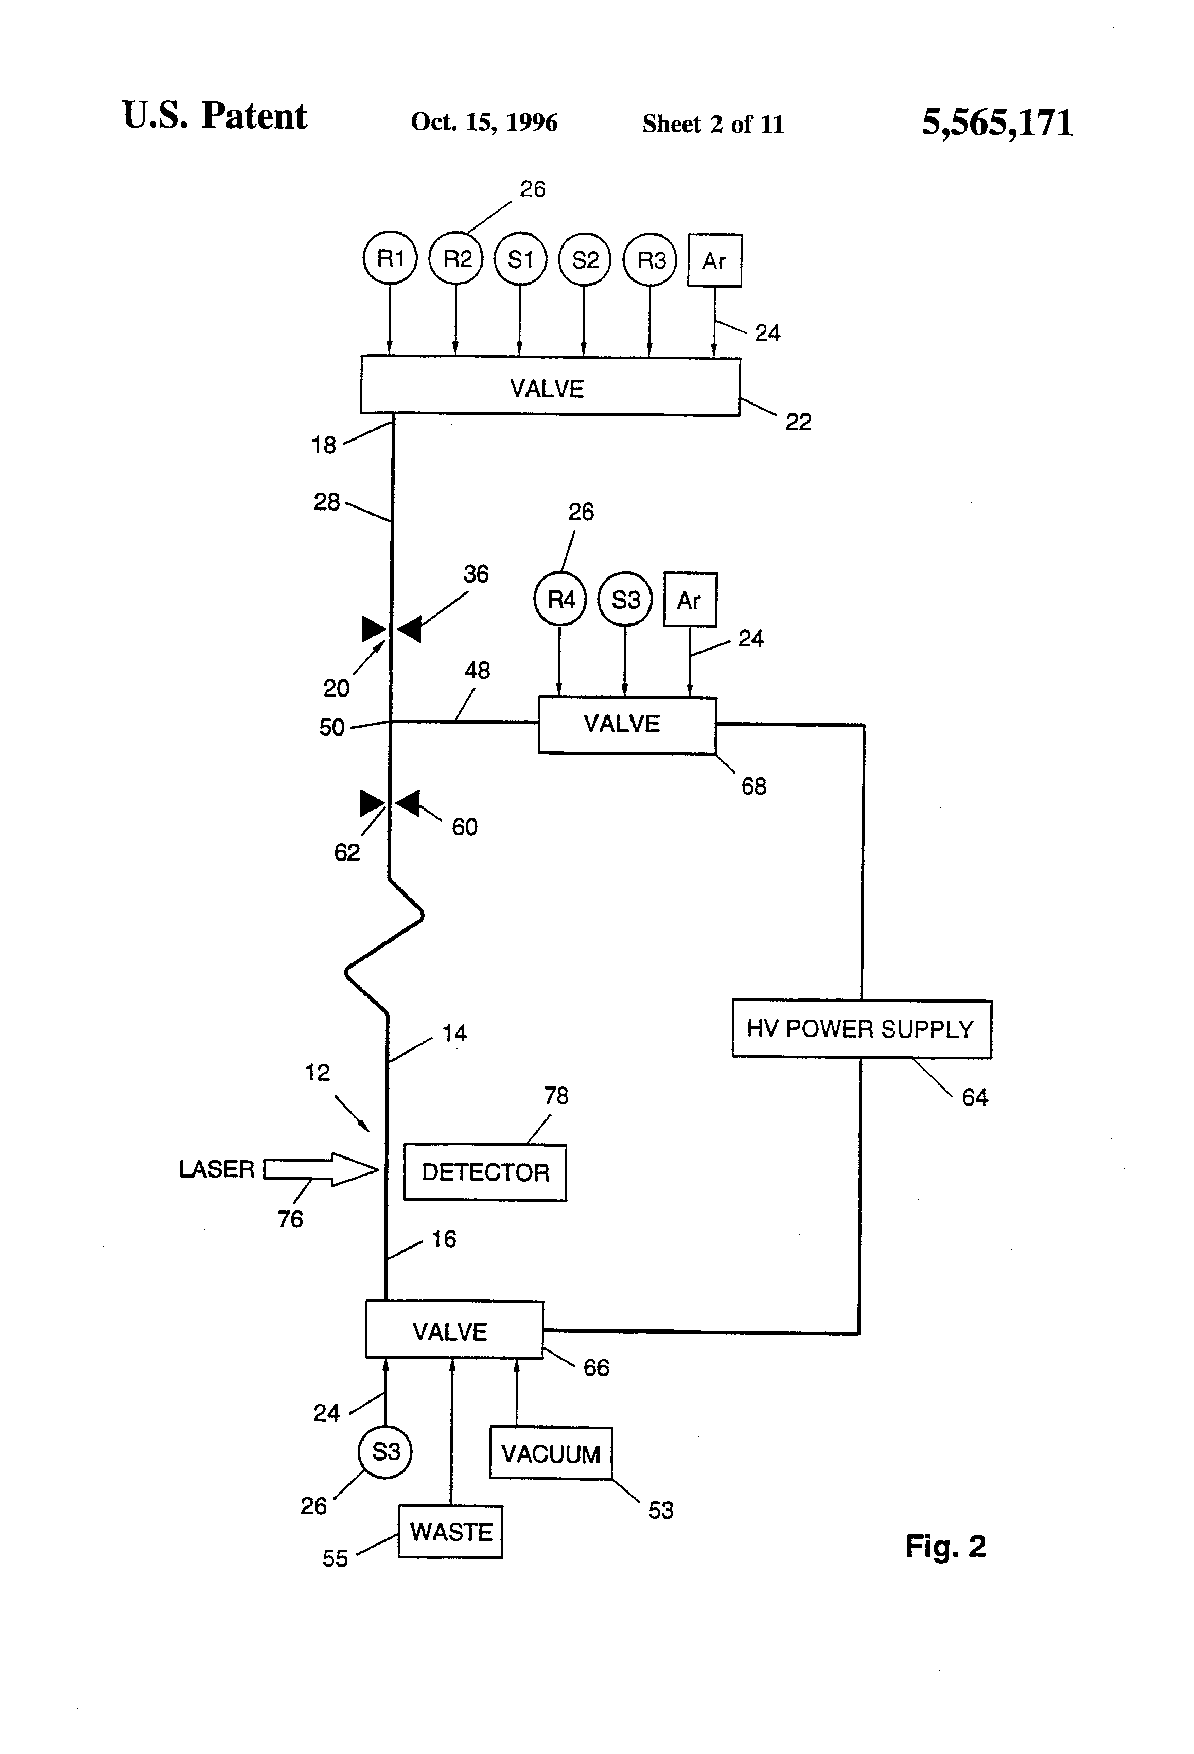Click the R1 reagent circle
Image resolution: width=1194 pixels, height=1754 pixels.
pos(390,259)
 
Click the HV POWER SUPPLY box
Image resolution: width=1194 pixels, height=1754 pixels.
pos(861,1029)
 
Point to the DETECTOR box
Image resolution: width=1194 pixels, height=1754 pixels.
pos(484,1172)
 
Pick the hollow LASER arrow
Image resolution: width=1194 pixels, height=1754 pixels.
pos(321,1169)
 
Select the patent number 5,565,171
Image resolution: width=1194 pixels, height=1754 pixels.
pos(996,122)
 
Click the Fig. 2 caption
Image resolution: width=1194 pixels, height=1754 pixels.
pos(945,1546)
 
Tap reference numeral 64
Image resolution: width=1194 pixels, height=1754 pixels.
pos(974,1097)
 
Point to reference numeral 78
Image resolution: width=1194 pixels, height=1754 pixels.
pos(556,1096)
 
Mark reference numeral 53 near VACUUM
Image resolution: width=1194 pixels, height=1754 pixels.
pos(660,1510)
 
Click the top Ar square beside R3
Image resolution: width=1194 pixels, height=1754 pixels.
pos(714,260)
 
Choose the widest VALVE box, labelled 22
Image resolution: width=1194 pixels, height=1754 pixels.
pos(550,387)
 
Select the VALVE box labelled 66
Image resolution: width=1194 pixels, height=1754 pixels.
pos(453,1330)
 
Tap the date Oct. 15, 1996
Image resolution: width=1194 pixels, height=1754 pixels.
pos(484,122)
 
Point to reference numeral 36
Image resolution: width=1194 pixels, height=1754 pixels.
pos(476,573)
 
